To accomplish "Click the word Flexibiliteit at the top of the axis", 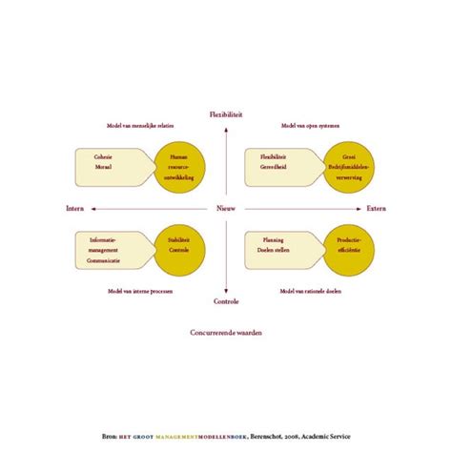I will click(226, 114).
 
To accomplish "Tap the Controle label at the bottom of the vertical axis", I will click(226, 301).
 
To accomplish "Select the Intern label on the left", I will click(75, 208).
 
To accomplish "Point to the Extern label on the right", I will click(376, 208).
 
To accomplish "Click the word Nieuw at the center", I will click(226, 208).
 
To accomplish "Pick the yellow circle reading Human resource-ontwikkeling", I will click(178, 168).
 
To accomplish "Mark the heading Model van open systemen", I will click(310, 126).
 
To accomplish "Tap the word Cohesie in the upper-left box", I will click(103, 157).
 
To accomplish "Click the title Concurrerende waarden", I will click(226, 333).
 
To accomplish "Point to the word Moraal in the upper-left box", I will click(103, 166).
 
